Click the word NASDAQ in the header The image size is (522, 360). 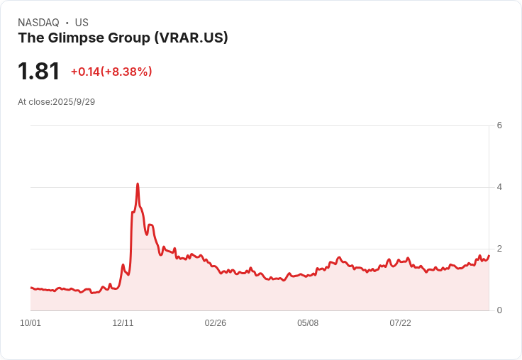(x=38, y=23)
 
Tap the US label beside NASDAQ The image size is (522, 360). (x=82, y=23)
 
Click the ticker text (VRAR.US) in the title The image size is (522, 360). (x=191, y=38)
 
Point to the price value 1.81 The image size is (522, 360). (x=38, y=72)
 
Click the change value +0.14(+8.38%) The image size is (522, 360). (x=111, y=72)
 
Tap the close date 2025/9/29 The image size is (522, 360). (x=74, y=102)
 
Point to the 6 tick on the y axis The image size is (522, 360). (x=500, y=125)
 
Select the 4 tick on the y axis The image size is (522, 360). (x=500, y=187)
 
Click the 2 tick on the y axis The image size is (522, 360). (x=500, y=249)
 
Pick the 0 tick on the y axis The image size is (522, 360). (x=500, y=310)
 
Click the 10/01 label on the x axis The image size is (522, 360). (x=30, y=323)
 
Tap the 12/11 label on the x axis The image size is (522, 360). (x=123, y=323)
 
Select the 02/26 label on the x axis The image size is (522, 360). (x=215, y=323)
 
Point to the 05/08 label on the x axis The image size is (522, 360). (x=308, y=323)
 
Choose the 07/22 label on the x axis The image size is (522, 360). (x=400, y=323)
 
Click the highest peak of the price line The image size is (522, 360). (x=138, y=184)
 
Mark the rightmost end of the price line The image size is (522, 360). (x=489, y=255)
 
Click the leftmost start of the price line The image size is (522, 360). (x=30, y=288)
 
